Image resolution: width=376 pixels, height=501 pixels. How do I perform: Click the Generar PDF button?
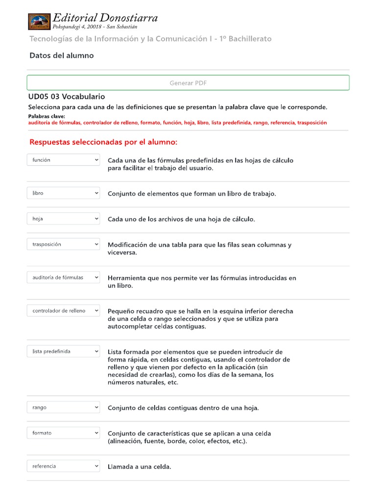coord(188,83)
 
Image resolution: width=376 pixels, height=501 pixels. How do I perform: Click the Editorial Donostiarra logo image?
coord(39,22)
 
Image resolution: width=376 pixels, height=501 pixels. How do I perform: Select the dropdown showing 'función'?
coord(63,160)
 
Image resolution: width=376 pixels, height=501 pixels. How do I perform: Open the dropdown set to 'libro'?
coord(63,193)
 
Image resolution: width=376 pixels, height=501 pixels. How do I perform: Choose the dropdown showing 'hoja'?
coord(63,219)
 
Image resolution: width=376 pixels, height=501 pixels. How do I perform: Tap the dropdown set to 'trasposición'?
coord(63,244)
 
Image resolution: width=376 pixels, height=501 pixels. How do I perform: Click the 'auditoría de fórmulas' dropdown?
coord(63,277)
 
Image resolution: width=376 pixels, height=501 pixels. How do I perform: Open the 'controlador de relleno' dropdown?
coord(63,311)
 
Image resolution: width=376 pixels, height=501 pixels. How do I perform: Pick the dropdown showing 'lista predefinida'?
coord(63,351)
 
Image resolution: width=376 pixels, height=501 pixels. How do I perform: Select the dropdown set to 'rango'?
coord(63,408)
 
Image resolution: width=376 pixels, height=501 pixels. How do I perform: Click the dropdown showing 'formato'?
coord(63,433)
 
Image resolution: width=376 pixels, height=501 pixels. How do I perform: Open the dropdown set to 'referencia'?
coord(63,466)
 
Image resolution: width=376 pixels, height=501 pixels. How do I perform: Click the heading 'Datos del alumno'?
coord(62,56)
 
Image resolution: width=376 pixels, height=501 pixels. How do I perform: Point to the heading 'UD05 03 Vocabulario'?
coord(67,97)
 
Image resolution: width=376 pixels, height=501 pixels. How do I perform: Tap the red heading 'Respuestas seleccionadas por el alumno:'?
coord(103,142)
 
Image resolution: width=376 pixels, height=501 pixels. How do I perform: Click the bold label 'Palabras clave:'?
coord(47,116)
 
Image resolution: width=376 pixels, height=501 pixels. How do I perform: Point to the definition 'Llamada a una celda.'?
coord(140,467)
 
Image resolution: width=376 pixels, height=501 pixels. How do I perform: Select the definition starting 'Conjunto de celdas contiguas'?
coord(183,408)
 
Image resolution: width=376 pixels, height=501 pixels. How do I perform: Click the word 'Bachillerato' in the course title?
coord(249,39)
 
